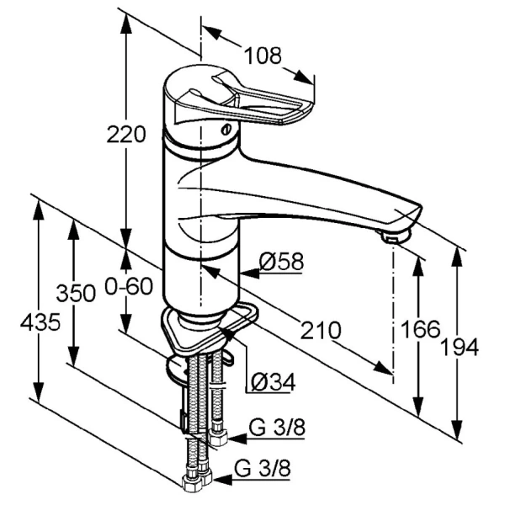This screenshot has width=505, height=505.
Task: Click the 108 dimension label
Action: click(x=263, y=56)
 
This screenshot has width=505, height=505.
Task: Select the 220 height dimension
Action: click(x=126, y=135)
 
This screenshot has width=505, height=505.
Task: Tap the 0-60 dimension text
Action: click(x=129, y=286)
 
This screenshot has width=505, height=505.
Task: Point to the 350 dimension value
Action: click(x=76, y=293)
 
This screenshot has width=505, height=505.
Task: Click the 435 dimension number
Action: click(x=40, y=322)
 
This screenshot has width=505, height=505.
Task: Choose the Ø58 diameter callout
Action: click(x=281, y=261)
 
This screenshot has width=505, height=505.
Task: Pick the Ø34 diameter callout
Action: click(x=273, y=382)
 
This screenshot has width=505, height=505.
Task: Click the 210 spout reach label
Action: click(x=321, y=330)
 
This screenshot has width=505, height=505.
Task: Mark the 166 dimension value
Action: click(x=420, y=329)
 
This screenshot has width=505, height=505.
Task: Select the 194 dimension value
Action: click(x=460, y=347)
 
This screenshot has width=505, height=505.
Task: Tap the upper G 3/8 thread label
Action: click(x=277, y=428)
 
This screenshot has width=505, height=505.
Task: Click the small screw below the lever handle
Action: click(x=226, y=130)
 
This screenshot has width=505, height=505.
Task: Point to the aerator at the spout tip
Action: click(x=394, y=237)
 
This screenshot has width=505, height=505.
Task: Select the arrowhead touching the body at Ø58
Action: click(x=250, y=274)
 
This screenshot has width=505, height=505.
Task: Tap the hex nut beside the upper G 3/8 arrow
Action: click(x=218, y=437)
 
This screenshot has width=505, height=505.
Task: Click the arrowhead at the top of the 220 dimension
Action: click(x=126, y=24)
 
